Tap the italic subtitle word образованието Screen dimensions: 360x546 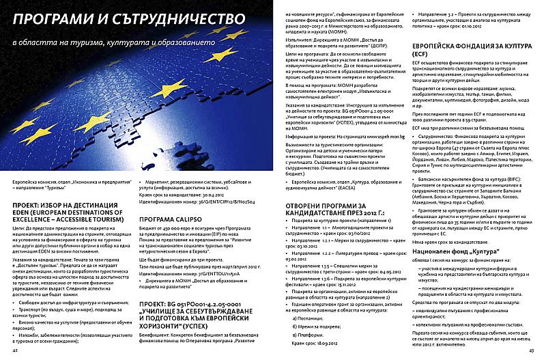pyautogui.click(x=184, y=42)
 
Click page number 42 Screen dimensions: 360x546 pyautogui.click(x=15, y=349)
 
